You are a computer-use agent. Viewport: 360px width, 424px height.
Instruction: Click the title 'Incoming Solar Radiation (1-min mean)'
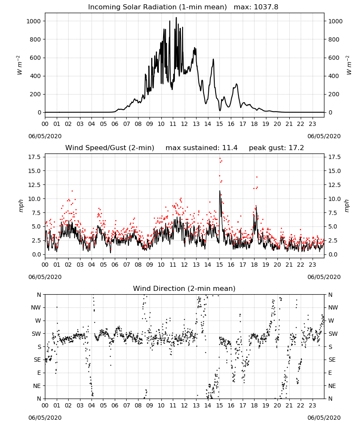pyautogui.click(x=158, y=7)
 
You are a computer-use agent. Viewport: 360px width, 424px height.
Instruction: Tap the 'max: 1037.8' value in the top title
pyautogui.click(x=256, y=7)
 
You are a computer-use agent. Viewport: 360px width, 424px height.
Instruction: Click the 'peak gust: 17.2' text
pyautogui.click(x=276, y=148)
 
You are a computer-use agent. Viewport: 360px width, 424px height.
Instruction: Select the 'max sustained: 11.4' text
pyautogui.click(x=202, y=148)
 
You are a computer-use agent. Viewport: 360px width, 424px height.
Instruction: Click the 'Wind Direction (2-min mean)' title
pyautogui.click(x=184, y=288)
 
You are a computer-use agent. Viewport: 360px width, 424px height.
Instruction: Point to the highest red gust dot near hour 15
pyautogui.click(x=220, y=159)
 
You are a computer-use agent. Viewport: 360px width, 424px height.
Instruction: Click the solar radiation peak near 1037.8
pyautogui.click(x=176, y=17)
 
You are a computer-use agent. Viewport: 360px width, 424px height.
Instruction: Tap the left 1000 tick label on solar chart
pyautogui.click(x=34, y=21)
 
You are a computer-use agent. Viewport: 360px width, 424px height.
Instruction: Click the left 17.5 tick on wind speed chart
pyautogui.click(x=35, y=157)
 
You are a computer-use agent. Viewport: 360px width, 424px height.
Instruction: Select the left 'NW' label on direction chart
pyautogui.click(x=36, y=308)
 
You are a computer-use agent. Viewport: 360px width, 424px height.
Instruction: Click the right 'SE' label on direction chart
pyautogui.click(x=332, y=360)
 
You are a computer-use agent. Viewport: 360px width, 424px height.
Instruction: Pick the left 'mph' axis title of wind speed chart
pyautogui.click(x=21, y=206)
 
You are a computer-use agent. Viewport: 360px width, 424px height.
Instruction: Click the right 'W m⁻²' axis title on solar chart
pyautogui.click(x=349, y=65)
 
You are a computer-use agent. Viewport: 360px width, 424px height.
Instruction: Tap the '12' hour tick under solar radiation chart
pyautogui.click(x=184, y=124)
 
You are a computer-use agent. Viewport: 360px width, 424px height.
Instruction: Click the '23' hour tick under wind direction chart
pyautogui.click(x=312, y=405)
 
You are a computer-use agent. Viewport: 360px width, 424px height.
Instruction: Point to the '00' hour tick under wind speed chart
pyautogui.click(x=45, y=265)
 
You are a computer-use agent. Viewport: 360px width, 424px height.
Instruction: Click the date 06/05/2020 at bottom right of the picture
pyautogui.click(x=324, y=418)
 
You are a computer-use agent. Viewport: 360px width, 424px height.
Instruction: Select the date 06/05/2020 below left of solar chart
pyautogui.click(x=45, y=136)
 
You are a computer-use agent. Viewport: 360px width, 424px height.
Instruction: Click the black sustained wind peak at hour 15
pyautogui.click(x=220, y=191)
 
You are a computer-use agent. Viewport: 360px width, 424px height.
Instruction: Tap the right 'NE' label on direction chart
pyautogui.click(x=332, y=386)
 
